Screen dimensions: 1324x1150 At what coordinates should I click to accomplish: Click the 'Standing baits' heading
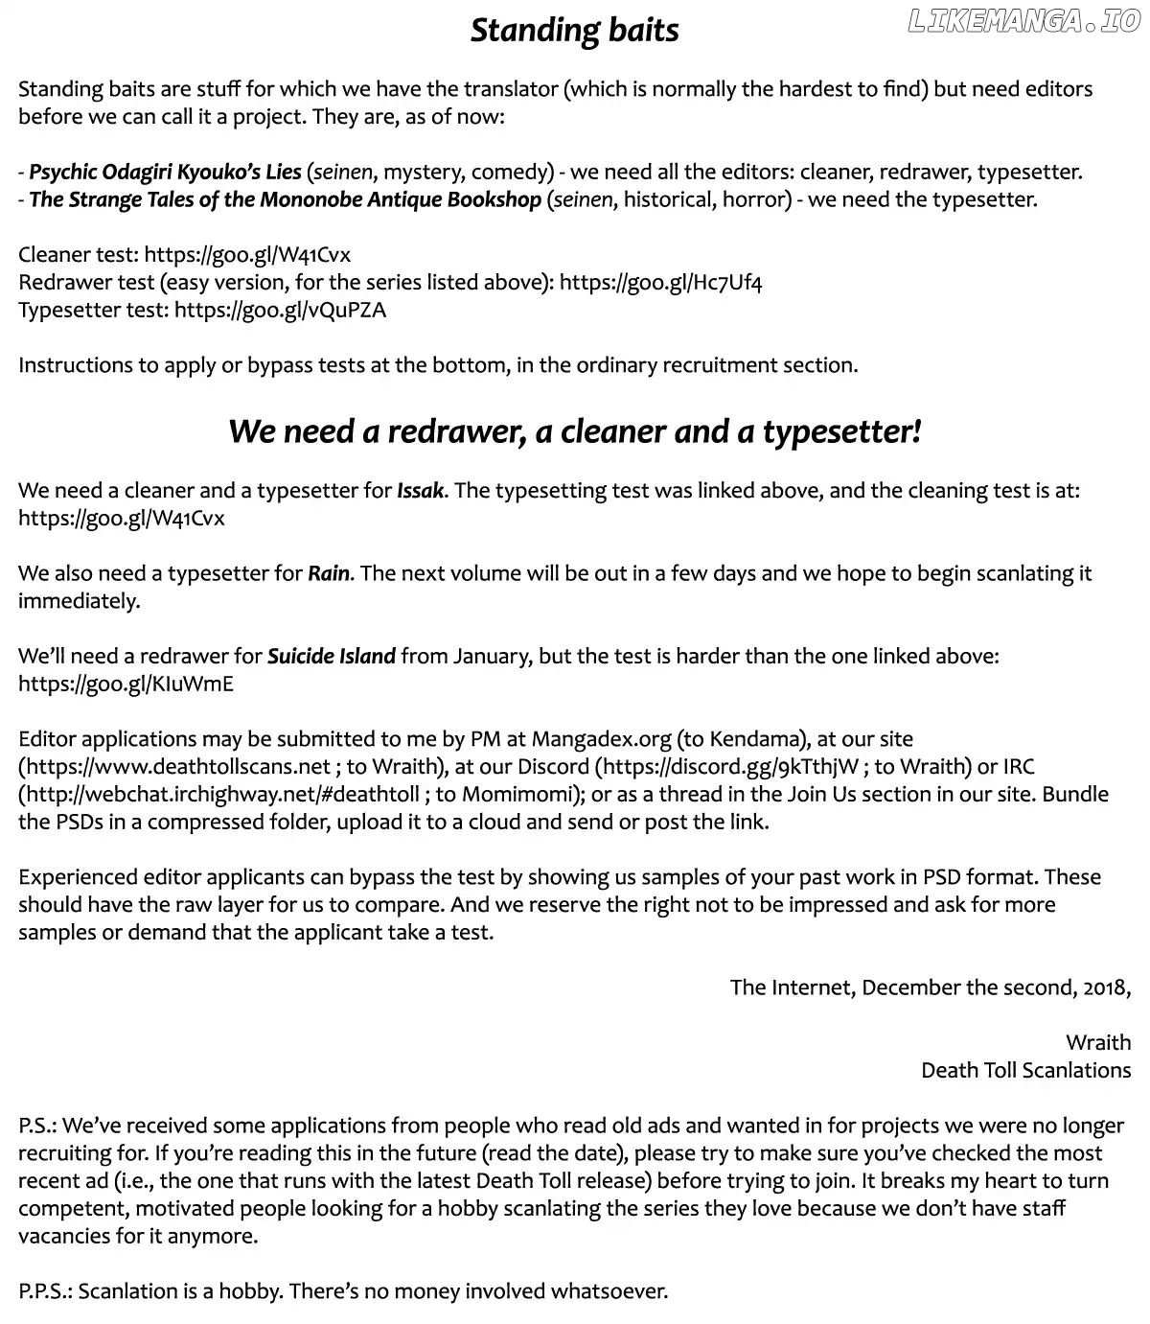574,31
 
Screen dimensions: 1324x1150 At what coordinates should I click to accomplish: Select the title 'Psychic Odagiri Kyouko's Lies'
165,173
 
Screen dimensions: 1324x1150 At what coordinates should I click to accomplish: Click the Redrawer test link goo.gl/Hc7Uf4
660,283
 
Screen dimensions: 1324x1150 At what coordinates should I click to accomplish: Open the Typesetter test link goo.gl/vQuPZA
280,311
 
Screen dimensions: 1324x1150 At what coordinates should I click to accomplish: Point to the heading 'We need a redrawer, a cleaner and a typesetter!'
574,431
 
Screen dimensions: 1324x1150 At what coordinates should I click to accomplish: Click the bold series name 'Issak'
421,491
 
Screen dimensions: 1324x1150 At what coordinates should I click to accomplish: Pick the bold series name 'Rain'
329,574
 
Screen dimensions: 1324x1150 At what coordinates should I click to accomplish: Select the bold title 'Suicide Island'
331,657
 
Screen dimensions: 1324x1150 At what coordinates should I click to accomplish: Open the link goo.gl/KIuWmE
126,685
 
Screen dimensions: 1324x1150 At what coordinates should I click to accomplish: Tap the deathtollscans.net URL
177,767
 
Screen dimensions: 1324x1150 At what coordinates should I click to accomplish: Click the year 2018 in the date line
1106,987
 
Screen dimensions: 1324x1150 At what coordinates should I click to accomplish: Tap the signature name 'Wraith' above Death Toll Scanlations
1098,1043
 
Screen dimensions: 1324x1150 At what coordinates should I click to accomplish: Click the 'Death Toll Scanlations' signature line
1025,1071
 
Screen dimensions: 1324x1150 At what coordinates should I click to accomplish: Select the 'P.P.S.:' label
44,1291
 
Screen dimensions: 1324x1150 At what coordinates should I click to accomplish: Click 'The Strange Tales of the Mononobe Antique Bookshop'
285,200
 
